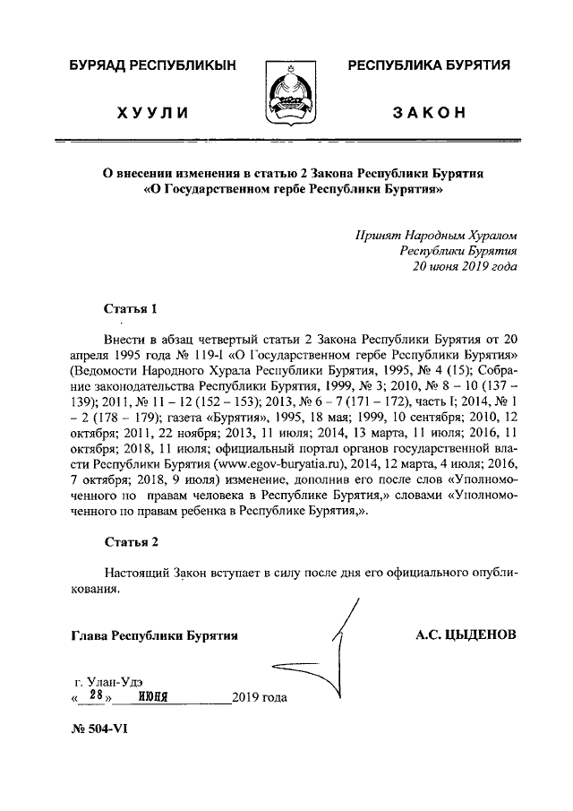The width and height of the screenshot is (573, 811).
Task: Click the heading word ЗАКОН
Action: coord(429,113)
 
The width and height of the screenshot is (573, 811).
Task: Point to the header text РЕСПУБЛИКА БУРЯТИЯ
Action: coord(429,65)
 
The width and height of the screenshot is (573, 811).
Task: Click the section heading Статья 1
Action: coord(131,309)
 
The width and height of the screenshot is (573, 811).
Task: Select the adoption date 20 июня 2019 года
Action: coord(464,266)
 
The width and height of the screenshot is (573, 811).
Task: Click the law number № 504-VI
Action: coord(99,729)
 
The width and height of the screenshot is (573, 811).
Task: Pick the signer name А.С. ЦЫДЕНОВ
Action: coord(466,635)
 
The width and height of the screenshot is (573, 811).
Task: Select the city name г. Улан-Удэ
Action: coord(109,678)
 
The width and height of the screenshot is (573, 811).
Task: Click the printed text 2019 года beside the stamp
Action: coord(260,697)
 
